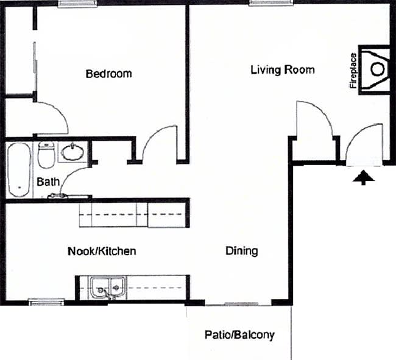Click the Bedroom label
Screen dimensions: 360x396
(108, 74)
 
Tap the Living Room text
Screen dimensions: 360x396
(283, 70)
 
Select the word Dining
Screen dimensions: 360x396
(241, 250)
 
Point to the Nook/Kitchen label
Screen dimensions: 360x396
(101, 251)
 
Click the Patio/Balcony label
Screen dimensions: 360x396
(239, 334)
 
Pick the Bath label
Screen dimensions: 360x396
(48, 182)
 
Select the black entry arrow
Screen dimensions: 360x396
(363, 177)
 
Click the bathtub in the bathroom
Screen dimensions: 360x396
(19, 169)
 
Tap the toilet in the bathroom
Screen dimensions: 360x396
(46, 155)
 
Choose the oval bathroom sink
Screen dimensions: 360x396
(73, 152)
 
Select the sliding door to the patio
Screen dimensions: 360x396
(238, 303)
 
